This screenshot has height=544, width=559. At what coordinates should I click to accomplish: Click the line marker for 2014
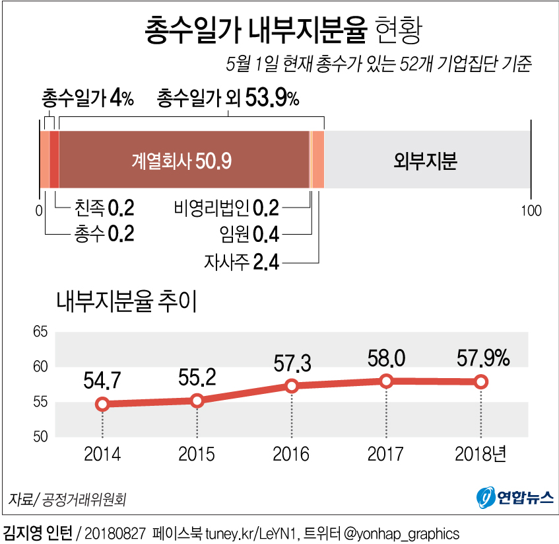pyautogui.click(x=102, y=404)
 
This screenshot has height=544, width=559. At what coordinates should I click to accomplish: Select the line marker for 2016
pyautogui.click(x=292, y=386)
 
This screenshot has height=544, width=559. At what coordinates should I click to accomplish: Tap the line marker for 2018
pyautogui.click(x=481, y=381)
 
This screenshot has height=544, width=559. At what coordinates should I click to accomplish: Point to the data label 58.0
pyautogui.click(x=387, y=359)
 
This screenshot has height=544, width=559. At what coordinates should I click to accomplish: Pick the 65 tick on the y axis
pyautogui.click(x=40, y=332)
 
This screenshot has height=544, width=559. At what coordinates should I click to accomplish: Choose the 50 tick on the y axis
pyautogui.click(x=40, y=436)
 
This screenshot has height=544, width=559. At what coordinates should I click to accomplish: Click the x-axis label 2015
pyautogui.click(x=197, y=455)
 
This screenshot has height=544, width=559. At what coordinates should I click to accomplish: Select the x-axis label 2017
pyautogui.click(x=387, y=455)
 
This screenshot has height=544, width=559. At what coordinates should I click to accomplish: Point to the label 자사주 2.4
pyautogui.click(x=242, y=262)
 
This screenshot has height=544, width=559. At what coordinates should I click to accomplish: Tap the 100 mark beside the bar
pyautogui.click(x=531, y=211)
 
